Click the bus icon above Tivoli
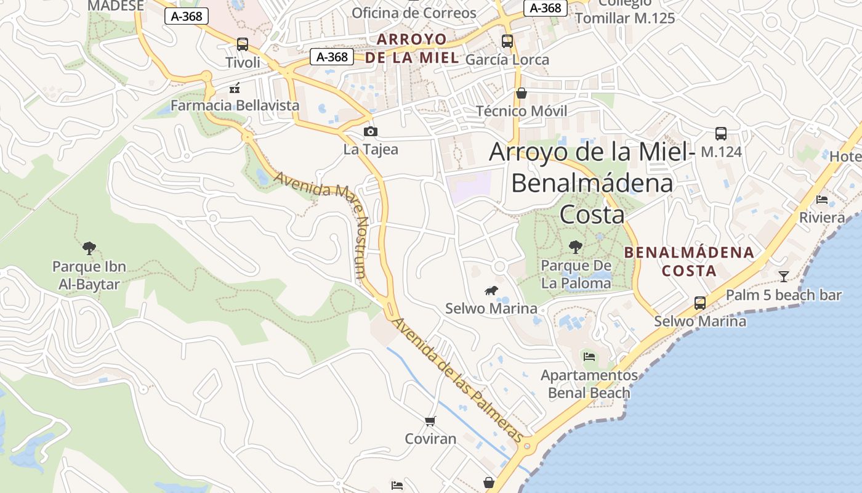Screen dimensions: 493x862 click(243, 44)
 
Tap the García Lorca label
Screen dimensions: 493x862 click(507, 60)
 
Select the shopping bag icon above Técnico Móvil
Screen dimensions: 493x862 click(522, 93)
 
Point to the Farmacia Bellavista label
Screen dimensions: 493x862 click(235, 105)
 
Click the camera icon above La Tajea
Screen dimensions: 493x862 click(371, 131)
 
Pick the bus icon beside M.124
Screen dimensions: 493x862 click(721, 133)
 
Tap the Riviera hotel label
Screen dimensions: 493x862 click(822, 218)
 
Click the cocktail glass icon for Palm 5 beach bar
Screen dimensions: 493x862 click(783, 276)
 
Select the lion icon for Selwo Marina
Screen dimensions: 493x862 click(491, 291)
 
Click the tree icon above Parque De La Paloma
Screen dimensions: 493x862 click(576, 247)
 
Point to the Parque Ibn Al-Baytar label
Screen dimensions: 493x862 click(89, 275)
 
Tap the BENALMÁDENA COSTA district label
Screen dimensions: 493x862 click(689, 261)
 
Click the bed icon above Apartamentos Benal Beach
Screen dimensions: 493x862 click(589, 356)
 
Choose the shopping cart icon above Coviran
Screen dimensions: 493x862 click(430, 422)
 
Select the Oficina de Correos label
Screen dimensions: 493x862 click(414, 13)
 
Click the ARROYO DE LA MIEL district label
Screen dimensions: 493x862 click(412, 49)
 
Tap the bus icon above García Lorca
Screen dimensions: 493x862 click(507, 41)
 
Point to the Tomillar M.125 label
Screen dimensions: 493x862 click(625, 18)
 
